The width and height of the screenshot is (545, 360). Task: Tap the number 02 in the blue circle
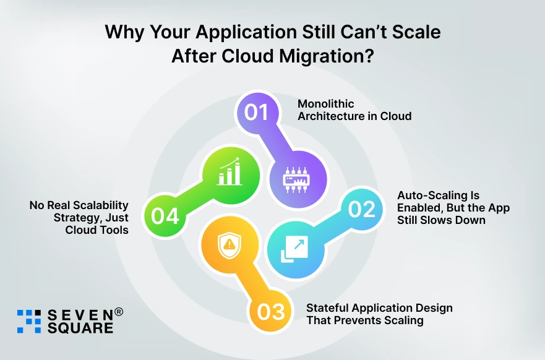coord(362,209)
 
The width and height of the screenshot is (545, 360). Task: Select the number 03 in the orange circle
coord(270,312)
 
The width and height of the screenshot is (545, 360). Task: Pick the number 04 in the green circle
coord(165,216)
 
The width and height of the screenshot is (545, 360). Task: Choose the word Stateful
coord(328,308)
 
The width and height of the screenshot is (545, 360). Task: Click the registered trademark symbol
coord(119,312)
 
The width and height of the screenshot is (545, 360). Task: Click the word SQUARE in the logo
coord(80,328)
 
